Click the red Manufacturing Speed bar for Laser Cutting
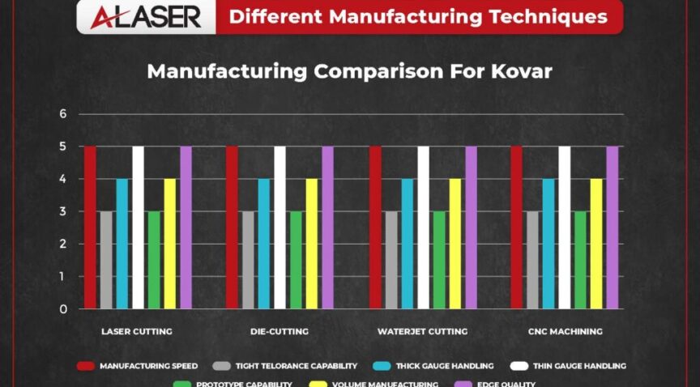coord(90,228)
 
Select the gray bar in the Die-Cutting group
coord(248,260)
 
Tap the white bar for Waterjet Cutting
coord(423,228)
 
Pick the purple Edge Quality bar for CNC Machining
coord(612,228)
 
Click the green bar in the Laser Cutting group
coord(154,260)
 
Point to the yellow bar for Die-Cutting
coord(311,244)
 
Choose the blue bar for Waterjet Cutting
coord(407,244)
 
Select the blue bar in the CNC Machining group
coord(548,244)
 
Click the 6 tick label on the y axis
coord(62,114)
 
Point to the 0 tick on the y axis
coord(62,308)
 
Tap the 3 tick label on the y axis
coord(62,211)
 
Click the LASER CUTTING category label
coord(136,332)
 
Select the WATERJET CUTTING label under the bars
coord(422,332)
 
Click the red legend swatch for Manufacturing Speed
coord(85,366)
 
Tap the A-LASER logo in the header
coord(147,17)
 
